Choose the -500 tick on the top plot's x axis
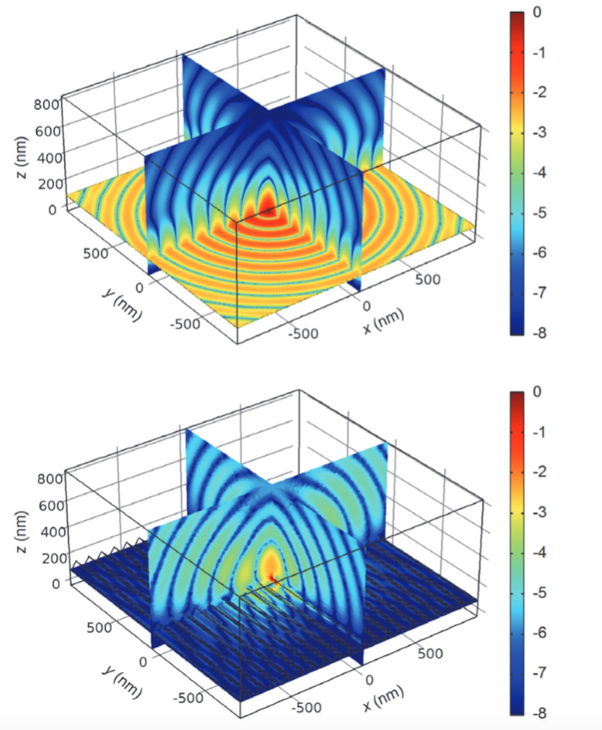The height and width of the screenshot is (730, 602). [x=302, y=333]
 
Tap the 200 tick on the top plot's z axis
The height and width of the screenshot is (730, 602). [x=50, y=183]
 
